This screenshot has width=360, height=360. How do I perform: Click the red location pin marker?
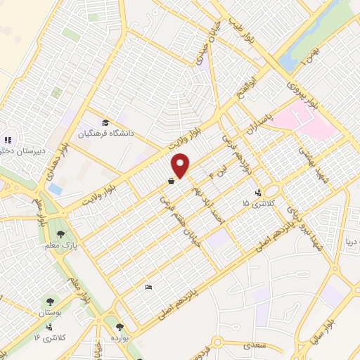181,165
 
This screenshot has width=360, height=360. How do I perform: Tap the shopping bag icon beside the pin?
170,181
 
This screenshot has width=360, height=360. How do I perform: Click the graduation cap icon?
105,122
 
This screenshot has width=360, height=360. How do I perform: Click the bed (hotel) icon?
147,288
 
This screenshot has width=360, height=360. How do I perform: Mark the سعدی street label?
255,346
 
